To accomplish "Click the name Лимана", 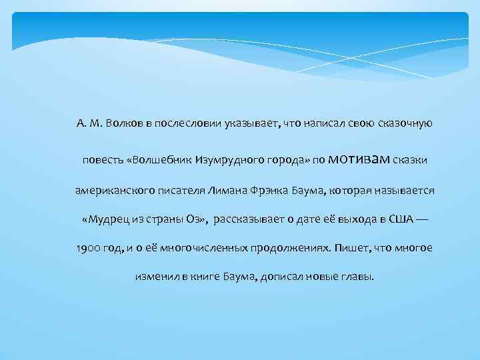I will pos(231,191).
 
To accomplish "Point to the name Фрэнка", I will pos(273,191).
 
